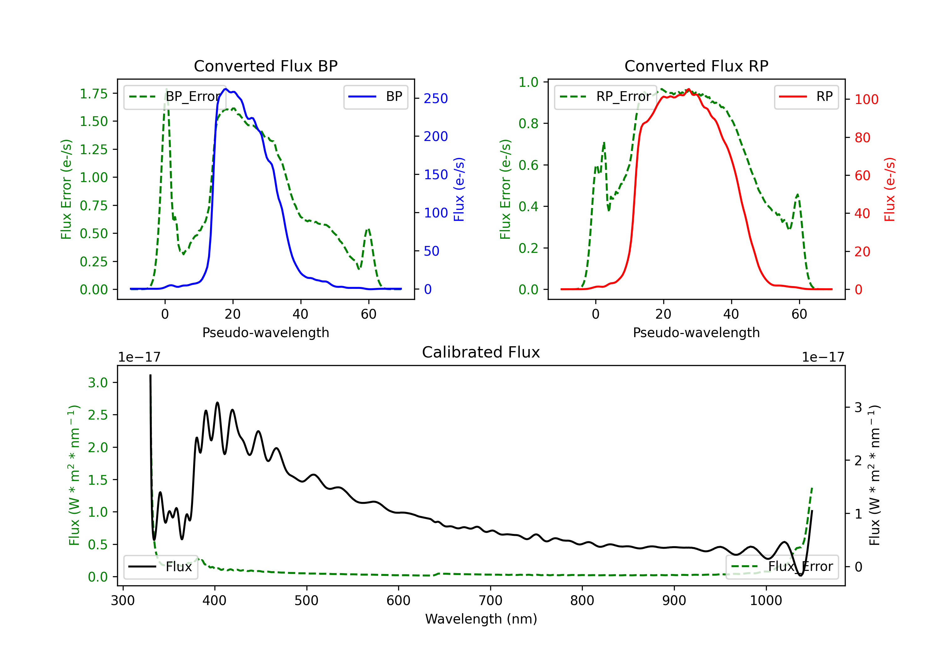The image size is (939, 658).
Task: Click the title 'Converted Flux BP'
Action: pos(265,66)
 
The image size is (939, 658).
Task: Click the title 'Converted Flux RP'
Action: pos(696,66)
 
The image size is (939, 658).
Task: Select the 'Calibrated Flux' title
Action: pos(481,352)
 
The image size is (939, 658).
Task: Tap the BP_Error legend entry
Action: pos(175,97)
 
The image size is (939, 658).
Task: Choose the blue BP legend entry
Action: pos(375,97)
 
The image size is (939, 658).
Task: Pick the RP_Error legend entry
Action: pos(605,97)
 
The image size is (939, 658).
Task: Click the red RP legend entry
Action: pos(806,97)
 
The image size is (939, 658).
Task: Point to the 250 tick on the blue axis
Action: pos(436,98)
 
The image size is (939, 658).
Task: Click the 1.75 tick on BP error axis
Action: pos(94,93)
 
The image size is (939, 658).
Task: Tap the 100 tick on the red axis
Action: pos(866,99)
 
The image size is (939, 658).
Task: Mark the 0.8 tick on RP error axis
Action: pos(528,123)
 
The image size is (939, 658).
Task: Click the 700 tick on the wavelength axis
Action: pos(490,600)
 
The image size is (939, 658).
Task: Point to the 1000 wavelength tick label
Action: pos(766,600)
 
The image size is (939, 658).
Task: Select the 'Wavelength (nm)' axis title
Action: pos(481,619)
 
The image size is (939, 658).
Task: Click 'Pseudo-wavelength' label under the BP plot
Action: pos(265,332)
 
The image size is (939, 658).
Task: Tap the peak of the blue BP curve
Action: pos(225,89)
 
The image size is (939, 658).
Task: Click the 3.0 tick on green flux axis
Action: pos(98,383)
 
